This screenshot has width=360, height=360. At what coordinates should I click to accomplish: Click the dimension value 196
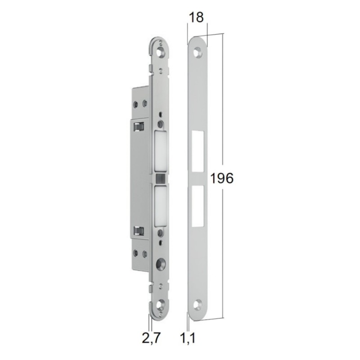pyautogui.click(x=221, y=178)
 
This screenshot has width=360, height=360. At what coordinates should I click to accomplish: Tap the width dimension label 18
pyautogui.click(x=197, y=18)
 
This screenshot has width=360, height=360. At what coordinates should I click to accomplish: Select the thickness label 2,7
pyautogui.click(x=151, y=338)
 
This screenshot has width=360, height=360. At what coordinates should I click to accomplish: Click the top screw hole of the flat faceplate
pyautogui.click(x=197, y=52)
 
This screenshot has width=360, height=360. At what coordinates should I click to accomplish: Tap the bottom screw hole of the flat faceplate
pyautogui.click(x=197, y=305)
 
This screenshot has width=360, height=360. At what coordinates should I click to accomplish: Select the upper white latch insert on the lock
pyautogui.click(x=160, y=152)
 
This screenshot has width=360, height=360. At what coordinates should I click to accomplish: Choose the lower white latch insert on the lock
pyautogui.click(x=160, y=205)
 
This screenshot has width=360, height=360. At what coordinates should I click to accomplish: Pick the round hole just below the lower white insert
pyautogui.click(x=160, y=233)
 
